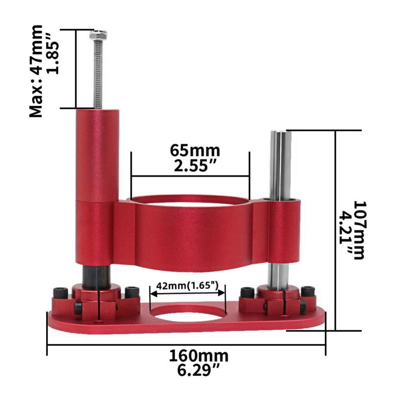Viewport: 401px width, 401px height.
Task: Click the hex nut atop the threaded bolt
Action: (x=97, y=36)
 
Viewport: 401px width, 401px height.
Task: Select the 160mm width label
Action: (x=198, y=356)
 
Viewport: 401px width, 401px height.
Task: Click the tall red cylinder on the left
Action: (x=97, y=155)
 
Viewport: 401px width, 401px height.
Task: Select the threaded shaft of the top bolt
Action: (x=97, y=75)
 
